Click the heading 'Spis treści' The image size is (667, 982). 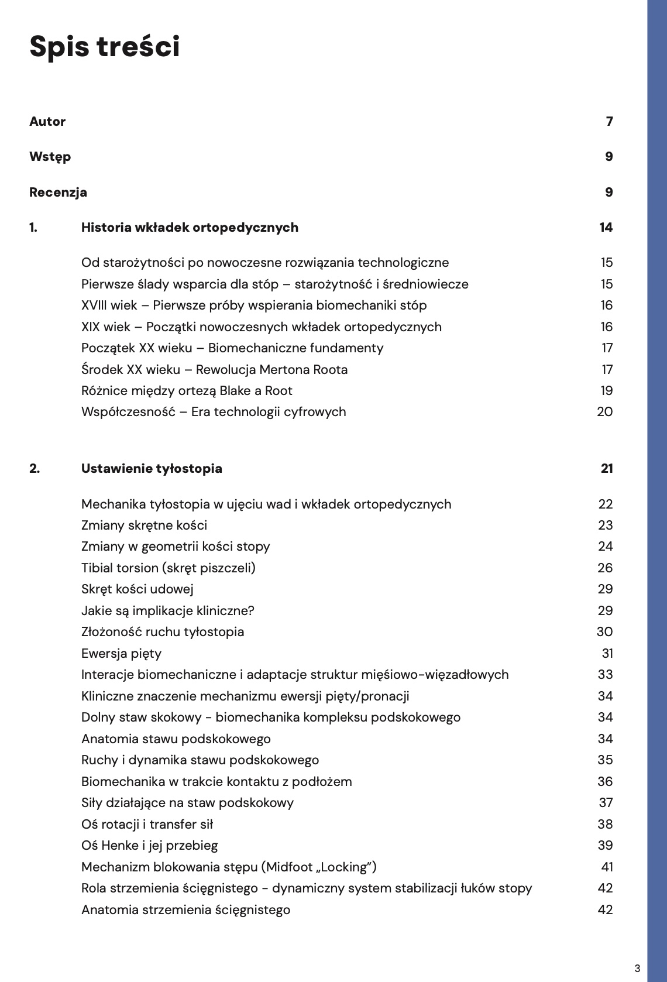[x=105, y=46]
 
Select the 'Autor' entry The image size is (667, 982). [x=47, y=122]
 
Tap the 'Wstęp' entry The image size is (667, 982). [x=50, y=157]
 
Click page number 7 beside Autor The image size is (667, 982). [x=609, y=122]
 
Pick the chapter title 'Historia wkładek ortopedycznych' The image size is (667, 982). [x=190, y=228]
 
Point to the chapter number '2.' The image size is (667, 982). [x=35, y=469]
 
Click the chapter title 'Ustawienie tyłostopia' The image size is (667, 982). [x=152, y=469]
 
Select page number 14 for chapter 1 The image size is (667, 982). [x=606, y=228]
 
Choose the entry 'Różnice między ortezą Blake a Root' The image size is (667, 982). [x=187, y=391]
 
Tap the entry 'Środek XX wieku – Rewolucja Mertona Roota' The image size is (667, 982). [x=214, y=370]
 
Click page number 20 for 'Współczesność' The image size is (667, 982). [x=604, y=412]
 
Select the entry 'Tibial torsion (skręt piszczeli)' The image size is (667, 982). [x=169, y=568]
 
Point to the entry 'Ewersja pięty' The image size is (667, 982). [x=121, y=654]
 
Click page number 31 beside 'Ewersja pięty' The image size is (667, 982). [x=607, y=654]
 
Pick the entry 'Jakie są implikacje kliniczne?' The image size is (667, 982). [x=168, y=611]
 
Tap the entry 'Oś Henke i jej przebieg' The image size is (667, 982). [x=149, y=846]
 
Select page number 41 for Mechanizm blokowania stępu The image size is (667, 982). [x=607, y=867]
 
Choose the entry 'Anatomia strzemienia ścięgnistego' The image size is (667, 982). [x=185, y=910]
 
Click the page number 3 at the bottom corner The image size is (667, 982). [x=637, y=967]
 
